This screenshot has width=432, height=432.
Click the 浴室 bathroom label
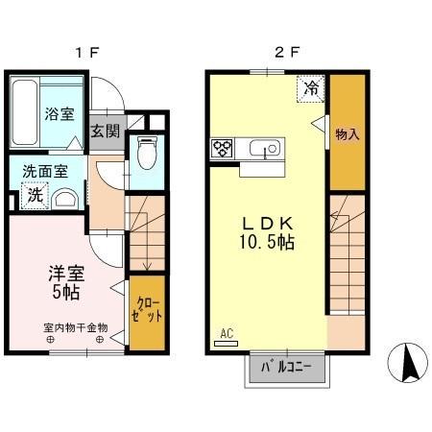59,114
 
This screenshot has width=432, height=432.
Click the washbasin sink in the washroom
66,199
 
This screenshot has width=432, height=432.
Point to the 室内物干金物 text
75,326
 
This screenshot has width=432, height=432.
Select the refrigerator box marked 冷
311,87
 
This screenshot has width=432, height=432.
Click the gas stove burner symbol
223,148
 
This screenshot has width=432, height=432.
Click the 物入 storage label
347,134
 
